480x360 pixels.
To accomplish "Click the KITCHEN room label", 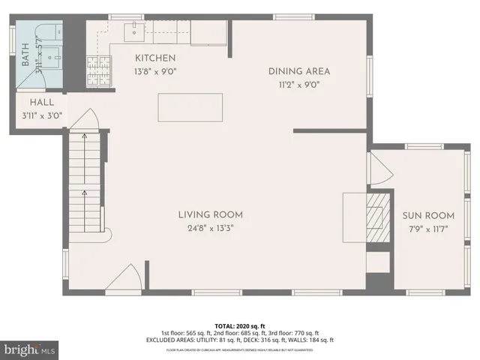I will coord(155,58).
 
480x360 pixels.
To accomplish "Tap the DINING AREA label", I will coord(300,72).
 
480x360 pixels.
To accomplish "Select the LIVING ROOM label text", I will coord(210,214).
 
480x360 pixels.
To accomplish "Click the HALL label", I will coord(40,103).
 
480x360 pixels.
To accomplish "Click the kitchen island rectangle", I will coord(190,107).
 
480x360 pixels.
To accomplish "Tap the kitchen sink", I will coord(135,31).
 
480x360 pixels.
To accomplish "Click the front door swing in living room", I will coord(122,280).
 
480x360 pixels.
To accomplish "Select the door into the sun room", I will coord(380,169).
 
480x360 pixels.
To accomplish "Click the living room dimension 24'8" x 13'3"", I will coord(210,229).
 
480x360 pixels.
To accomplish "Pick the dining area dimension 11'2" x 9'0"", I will coord(300,85).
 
